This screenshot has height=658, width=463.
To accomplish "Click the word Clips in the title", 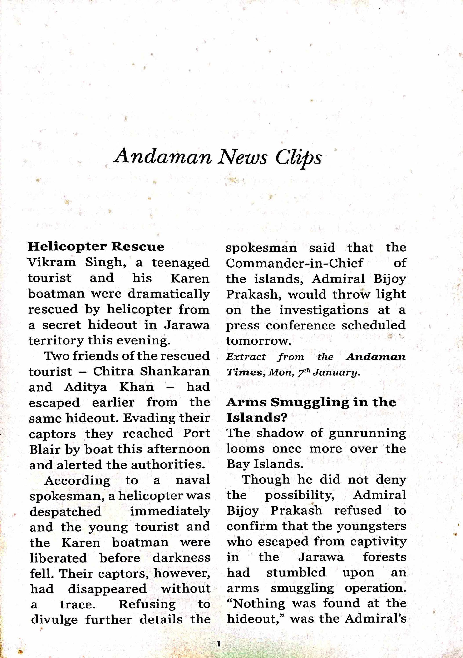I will pos(298,157).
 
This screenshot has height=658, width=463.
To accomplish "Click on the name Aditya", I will pos(85,387).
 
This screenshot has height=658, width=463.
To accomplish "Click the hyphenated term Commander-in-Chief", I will pos(294,263).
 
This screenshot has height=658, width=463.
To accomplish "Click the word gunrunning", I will pos(367,433).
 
